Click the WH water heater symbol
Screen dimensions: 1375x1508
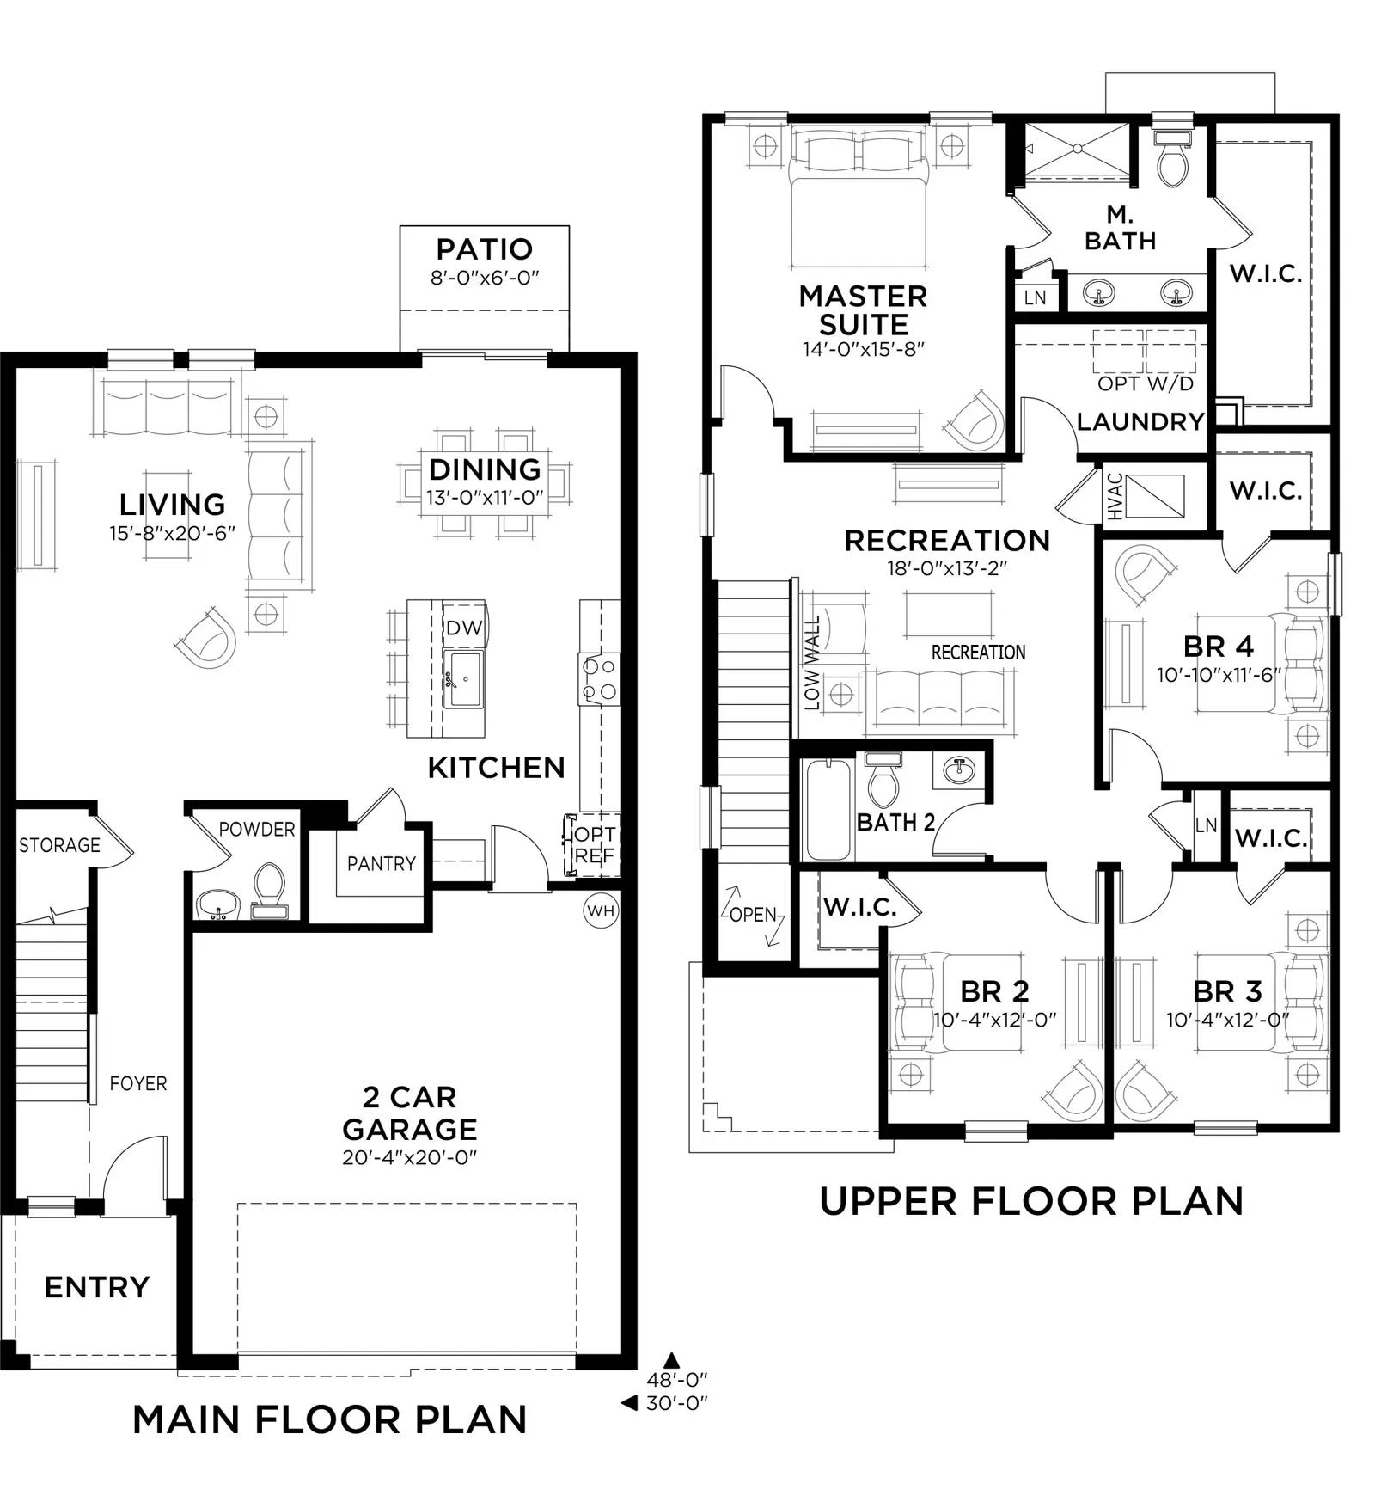601,910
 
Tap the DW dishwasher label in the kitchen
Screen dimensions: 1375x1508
464,628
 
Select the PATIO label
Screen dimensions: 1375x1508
485,249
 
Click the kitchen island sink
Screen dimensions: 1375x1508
464,678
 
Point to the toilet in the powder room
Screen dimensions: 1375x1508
269,891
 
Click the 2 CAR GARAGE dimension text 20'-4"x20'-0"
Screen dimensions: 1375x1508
409,1157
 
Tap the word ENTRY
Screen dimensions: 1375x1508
97,1287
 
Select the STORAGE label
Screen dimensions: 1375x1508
60,845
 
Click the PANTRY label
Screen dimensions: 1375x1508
382,863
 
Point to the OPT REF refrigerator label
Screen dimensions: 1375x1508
595,845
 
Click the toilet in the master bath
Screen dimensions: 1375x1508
1171,158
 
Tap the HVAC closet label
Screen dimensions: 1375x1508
1115,496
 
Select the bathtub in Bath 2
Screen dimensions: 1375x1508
828,809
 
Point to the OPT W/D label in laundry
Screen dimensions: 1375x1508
1146,383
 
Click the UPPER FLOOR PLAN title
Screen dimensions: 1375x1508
1031,1201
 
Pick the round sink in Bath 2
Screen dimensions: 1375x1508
958,771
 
